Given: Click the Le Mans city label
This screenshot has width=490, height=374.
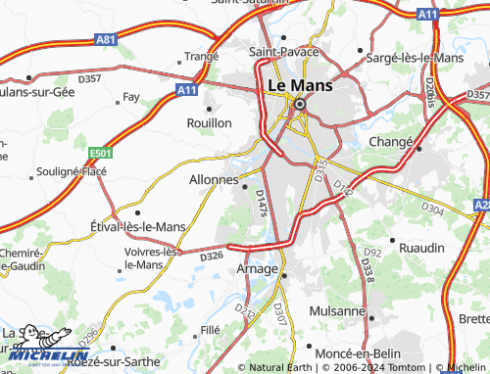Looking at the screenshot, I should click(300, 85).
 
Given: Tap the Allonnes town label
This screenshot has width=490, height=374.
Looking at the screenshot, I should click(212, 180).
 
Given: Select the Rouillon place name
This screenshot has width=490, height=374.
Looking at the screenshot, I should click(210, 123).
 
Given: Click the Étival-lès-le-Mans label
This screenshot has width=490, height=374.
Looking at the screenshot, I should click(137, 226).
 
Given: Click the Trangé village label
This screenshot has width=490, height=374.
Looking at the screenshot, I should click(201, 57).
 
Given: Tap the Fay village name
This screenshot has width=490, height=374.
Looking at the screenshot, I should click(130, 97).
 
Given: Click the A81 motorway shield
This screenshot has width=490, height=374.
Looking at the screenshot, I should click(106, 39).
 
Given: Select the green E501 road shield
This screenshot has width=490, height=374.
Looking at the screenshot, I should click(99, 154).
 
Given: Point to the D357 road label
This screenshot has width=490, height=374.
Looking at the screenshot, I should click(90, 78).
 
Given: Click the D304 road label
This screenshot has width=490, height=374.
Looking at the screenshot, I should click(432, 209).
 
